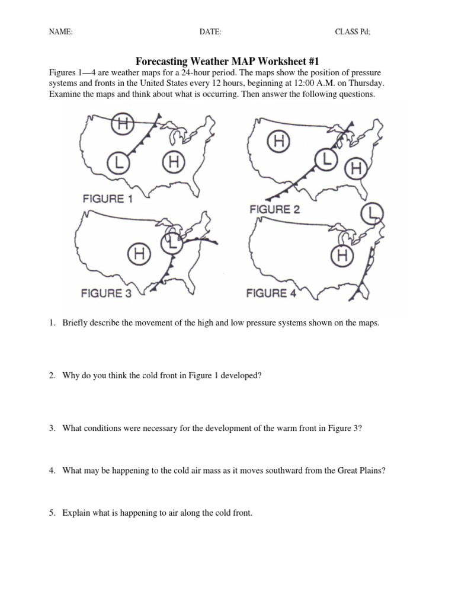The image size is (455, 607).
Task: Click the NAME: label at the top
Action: [x=60, y=32]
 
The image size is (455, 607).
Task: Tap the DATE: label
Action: [x=210, y=32]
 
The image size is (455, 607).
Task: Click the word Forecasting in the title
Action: [x=161, y=61]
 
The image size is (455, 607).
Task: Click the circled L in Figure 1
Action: [x=119, y=161]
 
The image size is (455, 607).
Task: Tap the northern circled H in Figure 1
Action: [x=123, y=124]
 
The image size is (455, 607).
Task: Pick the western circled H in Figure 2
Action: [x=279, y=141]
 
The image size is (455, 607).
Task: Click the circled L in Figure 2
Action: [x=325, y=158]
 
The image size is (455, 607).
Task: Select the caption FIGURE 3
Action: [x=106, y=293]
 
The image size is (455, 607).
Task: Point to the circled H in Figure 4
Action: [x=342, y=255]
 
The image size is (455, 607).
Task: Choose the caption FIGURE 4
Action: [x=271, y=293]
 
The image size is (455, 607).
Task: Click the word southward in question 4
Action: [x=259, y=471]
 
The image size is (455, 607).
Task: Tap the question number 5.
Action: [x=52, y=513]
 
